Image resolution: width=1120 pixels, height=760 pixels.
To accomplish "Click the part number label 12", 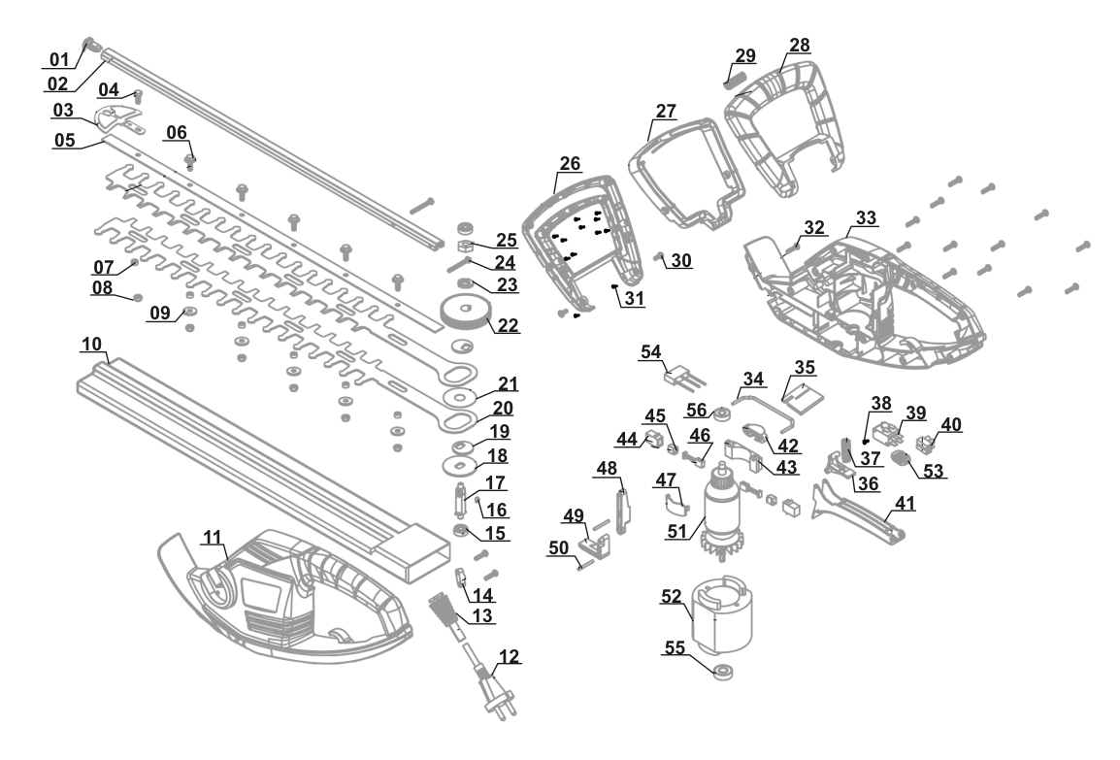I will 510,656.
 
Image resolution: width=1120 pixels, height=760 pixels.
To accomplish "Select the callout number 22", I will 508,324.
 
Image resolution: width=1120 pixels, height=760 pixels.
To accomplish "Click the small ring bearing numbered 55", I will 724,672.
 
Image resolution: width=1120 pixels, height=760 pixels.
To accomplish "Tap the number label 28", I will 800,46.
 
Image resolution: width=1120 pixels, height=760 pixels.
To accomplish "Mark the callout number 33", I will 866,216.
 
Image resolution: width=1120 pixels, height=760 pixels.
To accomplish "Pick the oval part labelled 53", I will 902,459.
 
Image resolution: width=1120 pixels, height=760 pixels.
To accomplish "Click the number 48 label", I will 607,468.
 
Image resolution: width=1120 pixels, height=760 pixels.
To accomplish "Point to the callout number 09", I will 159,312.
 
